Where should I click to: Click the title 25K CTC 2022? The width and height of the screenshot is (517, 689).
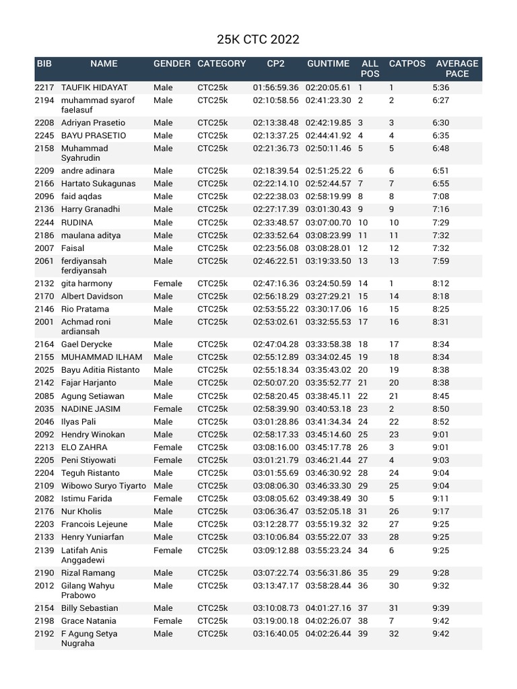258,40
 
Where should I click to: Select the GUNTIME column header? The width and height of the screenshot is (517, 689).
328,64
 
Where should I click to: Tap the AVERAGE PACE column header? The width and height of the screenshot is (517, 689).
457,69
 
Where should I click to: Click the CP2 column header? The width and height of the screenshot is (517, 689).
275,64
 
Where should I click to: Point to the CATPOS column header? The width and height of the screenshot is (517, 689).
407,64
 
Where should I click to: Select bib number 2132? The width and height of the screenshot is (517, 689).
44,284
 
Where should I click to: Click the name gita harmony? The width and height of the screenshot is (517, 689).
87,284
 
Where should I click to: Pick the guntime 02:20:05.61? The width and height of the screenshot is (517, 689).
329,88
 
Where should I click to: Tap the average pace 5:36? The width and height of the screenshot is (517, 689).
441,88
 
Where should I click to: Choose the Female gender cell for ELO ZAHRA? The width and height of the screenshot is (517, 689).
168,447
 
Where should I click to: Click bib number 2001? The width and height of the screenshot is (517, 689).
44,322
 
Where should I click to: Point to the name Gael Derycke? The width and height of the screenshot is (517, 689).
87,344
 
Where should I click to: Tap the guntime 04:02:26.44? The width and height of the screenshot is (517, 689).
329,634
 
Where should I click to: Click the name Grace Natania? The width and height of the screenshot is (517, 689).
89,621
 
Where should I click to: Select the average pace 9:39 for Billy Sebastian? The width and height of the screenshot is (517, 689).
441,608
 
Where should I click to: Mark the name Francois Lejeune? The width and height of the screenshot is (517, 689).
94,524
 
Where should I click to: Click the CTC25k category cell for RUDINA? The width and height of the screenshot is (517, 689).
213,223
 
